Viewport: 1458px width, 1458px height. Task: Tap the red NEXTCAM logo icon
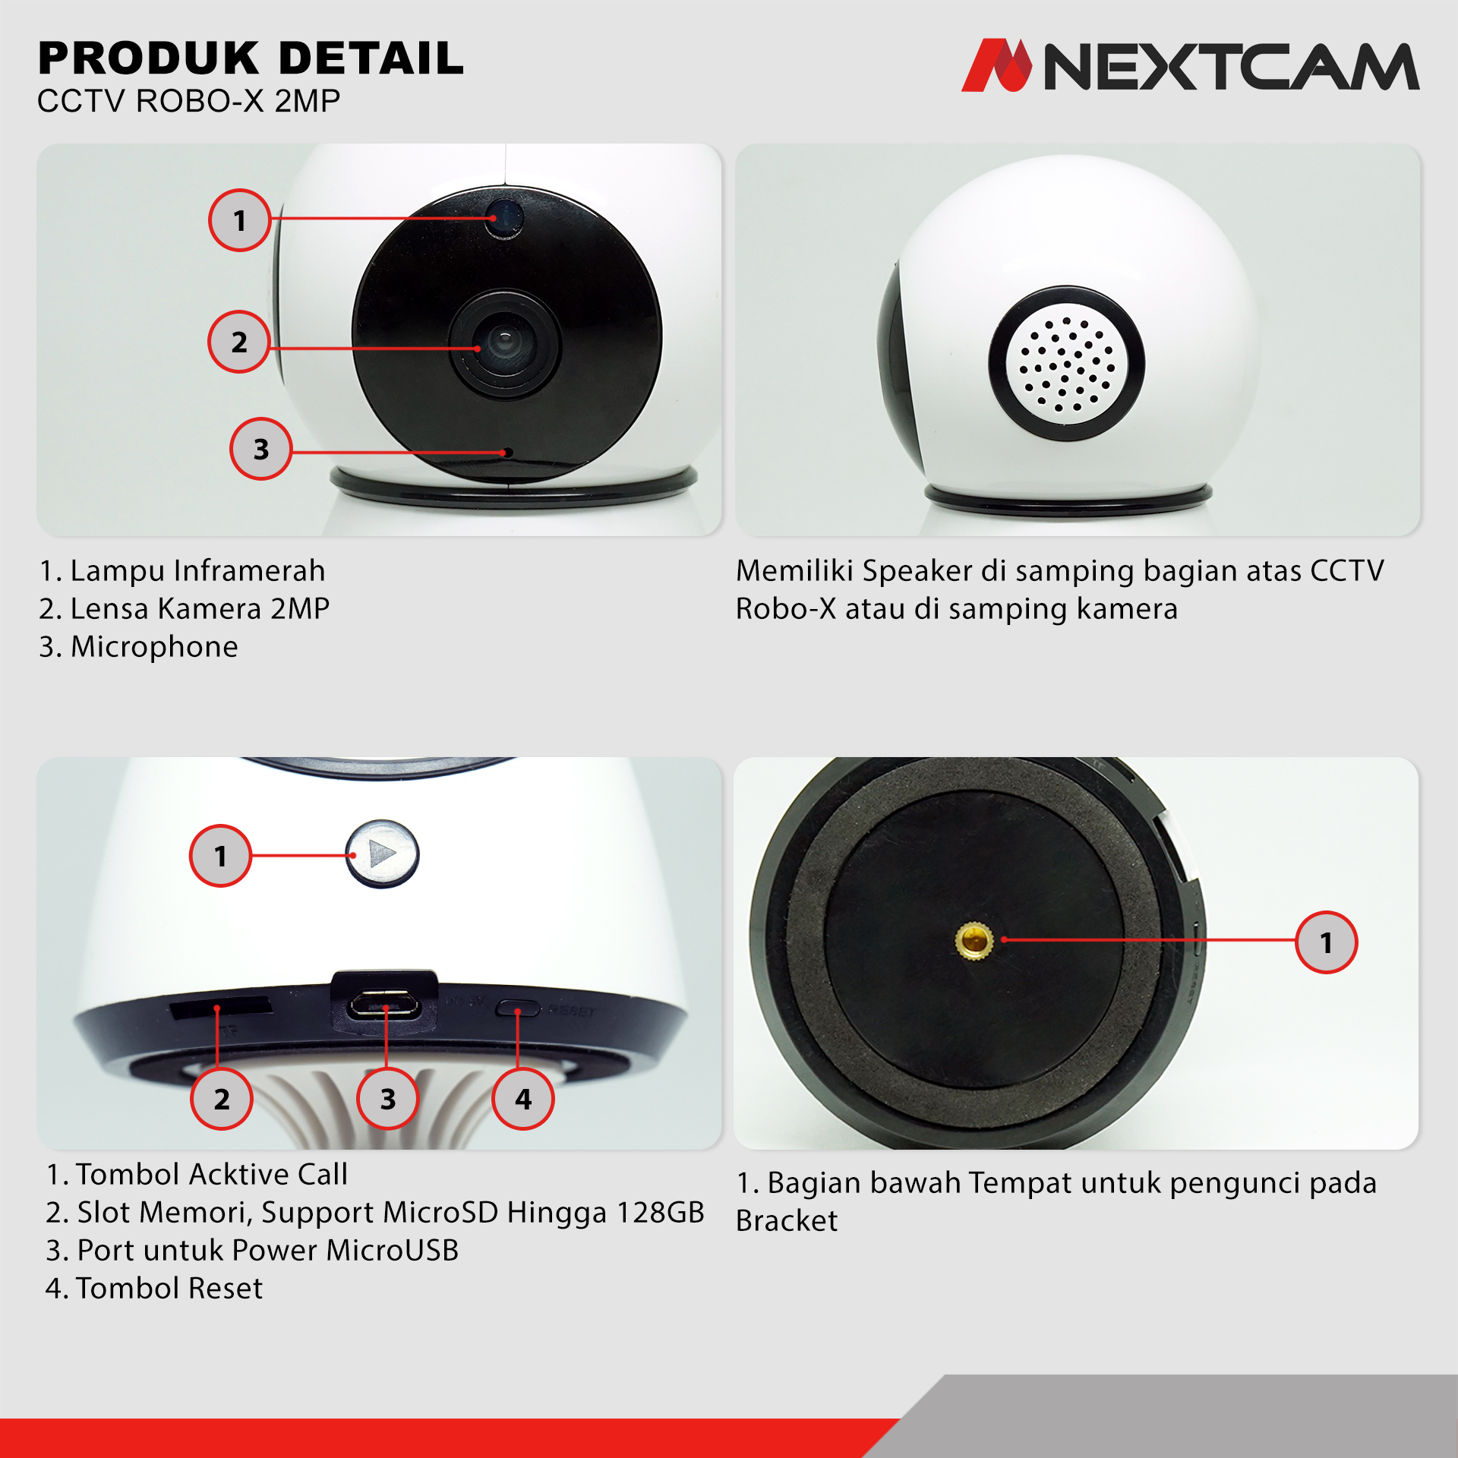click(x=997, y=65)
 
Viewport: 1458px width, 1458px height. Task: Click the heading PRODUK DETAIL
click(x=251, y=58)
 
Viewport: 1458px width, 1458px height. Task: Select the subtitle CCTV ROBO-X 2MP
click(x=188, y=101)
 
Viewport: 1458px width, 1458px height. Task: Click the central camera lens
click(x=504, y=344)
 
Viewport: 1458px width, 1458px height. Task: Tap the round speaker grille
click(x=1067, y=364)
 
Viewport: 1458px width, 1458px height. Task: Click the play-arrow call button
click(x=382, y=854)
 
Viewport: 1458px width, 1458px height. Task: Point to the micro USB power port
click(x=384, y=1005)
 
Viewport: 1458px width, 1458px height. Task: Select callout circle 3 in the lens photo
click(x=261, y=449)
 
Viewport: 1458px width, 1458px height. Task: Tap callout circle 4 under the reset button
click(x=523, y=1098)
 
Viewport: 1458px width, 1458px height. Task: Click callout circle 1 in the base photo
click(x=1327, y=942)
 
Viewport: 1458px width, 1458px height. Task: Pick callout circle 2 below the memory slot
click(x=222, y=1098)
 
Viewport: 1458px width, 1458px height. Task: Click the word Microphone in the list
click(x=154, y=647)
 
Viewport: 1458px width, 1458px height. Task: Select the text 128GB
click(x=661, y=1212)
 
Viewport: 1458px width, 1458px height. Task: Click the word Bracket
click(x=787, y=1220)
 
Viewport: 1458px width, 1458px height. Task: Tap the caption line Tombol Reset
click(x=154, y=1288)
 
